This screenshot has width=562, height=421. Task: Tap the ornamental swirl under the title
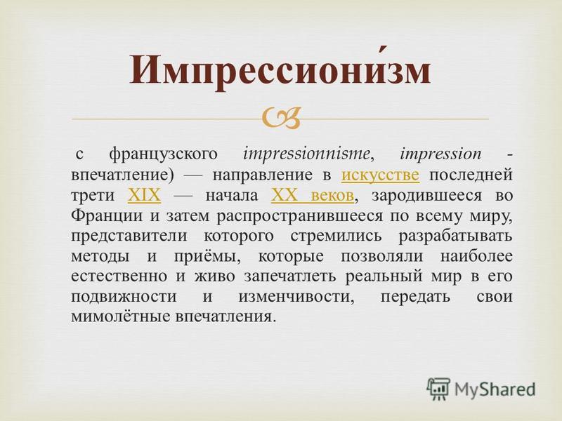click(x=281, y=118)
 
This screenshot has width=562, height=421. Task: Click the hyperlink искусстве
click(x=380, y=175)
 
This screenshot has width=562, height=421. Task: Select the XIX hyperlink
click(x=144, y=196)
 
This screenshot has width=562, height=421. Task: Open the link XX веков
click(x=313, y=196)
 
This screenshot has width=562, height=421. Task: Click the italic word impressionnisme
click(x=306, y=154)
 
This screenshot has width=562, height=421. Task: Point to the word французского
click(x=163, y=154)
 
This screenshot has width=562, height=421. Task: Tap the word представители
click(x=129, y=236)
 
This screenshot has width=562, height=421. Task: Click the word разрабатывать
click(x=455, y=236)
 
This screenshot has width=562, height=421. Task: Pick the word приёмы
click(x=207, y=257)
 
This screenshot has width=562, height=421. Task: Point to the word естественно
click(x=119, y=277)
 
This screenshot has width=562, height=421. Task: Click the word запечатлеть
click(x=290, y=277)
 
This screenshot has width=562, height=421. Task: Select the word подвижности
click(x=124, y=297)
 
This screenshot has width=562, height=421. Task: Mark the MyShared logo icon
click(x=438, y=389)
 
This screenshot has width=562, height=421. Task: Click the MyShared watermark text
click(x=495, y=389)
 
